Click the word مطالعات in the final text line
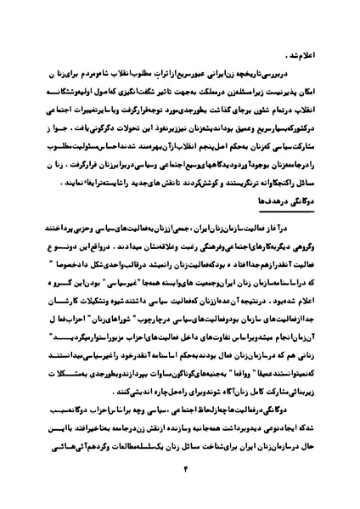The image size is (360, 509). coord(94,451)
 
